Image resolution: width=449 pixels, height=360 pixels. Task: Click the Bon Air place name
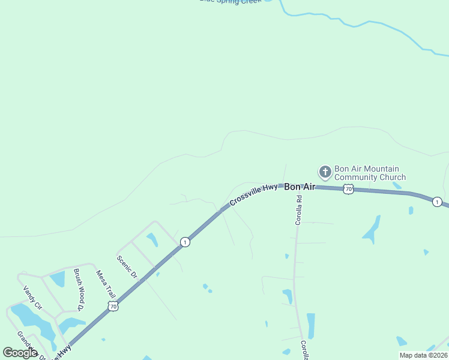click(300, 187)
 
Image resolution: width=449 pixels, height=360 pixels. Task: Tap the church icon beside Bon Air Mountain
click(325, 173)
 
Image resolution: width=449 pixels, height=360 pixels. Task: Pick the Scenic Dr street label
click(127, 268)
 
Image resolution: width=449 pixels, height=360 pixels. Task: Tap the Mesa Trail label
click(106, 284)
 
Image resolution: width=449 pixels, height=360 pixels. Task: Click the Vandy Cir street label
click(32, 297)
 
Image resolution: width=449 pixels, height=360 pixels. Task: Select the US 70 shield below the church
click(348, 189)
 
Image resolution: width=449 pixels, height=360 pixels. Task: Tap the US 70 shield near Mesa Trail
click(113, 306)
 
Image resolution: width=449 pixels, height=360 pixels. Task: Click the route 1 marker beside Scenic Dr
click(185, 242)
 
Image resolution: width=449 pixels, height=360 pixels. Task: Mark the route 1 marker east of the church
click(437, 202)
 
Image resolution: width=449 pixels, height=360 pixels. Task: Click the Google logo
click(20, 353)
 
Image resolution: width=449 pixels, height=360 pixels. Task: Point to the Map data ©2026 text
click(423, 355)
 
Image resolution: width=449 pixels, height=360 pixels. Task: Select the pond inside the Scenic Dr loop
click(152, 239)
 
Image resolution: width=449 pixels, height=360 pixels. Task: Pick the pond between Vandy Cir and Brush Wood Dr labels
click(58, 278)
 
